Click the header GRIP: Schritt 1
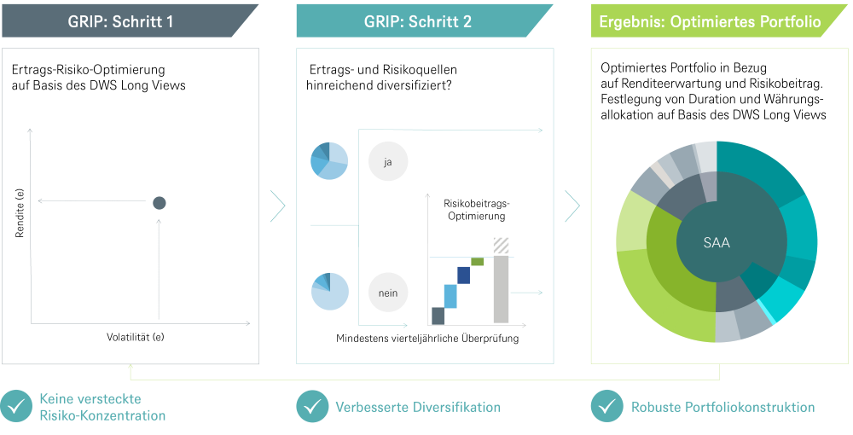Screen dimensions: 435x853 tap(120, 21)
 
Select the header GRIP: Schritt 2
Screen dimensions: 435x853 tap(419, 21)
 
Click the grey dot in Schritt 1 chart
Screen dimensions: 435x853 tap(159, 203)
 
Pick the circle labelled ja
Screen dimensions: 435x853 tap(388, 162)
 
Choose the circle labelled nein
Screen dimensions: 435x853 tap(388, 293)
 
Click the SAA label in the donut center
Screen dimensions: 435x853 tap(717, 243)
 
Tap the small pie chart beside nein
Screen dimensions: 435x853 tap(329, 291)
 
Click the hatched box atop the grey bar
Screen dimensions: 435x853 tap(502, 246)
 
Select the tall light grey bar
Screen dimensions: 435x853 tap(502, 290)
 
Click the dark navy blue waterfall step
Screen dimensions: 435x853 tap(464, 275)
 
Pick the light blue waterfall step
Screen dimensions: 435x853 tap(450, 296)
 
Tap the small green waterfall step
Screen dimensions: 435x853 tap(478, 261)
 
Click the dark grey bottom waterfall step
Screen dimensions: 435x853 tap(438, 316)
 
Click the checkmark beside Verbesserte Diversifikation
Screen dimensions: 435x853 tap(312, 407)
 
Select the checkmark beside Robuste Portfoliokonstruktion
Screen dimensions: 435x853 tap(606, 407)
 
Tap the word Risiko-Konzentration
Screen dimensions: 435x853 tap(102, 416)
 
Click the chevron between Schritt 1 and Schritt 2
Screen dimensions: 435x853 tap(277, 206)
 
